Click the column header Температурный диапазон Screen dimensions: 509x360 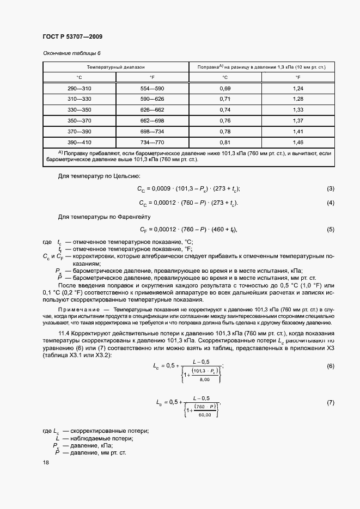pyautogui.click(x=116, y=67)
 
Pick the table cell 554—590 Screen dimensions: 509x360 pyautogui.click(x=152, y=88)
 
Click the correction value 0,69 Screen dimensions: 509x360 pyautogui.click(x=225, y=88)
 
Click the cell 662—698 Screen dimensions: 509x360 pyautogui.click(x=152, y=120)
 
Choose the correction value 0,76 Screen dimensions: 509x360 pyautogui.click(x=225, y=120)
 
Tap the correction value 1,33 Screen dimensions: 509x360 pyautogui.click(x=297, y=109)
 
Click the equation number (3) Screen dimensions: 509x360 pyautogui.click(x=330, y=188)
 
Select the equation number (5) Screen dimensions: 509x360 pyautogui.click(x=330, y=229)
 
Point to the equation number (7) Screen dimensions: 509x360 pyautogui.click(x=330, y=403)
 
